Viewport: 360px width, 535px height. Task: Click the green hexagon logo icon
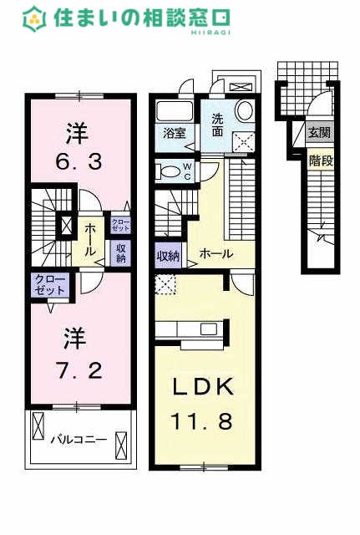tap(34, 19)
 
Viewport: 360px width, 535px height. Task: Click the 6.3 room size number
tap(79, 162)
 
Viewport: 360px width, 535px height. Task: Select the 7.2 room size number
tap(79, 371)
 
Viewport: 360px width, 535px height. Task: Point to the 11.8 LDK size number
tap(201, 421)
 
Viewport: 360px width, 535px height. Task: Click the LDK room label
tap(203, 386)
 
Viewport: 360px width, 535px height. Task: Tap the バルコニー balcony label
tap(79, 439)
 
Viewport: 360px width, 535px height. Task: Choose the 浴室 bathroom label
tap(175, 133)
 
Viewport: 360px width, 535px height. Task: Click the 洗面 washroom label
tap(217, 125)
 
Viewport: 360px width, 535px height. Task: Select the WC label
tap(187, 171)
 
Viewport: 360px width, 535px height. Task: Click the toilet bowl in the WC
tap(168, 171)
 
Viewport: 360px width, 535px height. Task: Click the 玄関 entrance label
tap(320, 132)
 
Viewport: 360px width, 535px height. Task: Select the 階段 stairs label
tap(321, 160)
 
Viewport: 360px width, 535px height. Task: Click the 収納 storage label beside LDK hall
tap(168, 255)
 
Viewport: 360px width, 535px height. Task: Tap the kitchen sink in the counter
tap(208, 329)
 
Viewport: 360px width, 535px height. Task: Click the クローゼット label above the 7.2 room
tap(50, 284)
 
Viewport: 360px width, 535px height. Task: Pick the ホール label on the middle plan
tap(216, 253)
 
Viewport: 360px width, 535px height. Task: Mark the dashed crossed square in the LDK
tap(165, 284)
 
